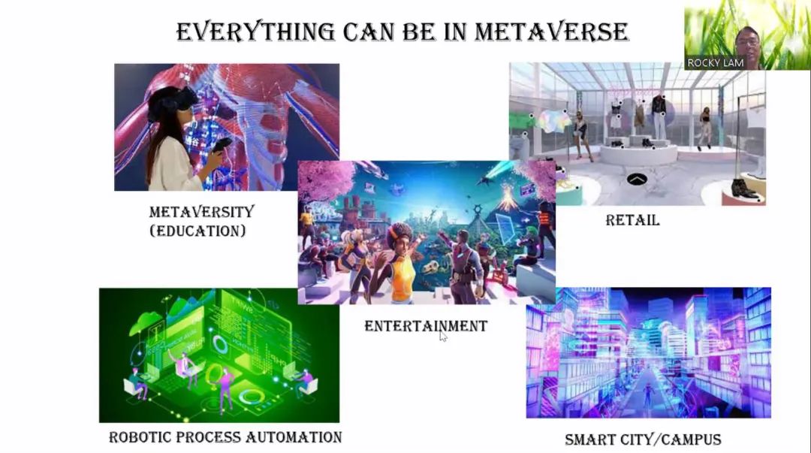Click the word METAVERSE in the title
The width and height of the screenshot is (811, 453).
coord(551,32)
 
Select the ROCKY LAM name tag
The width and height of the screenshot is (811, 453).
coord(716,62)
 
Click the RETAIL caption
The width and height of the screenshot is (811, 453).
coord(632,220)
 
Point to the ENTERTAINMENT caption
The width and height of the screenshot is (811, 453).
coord(426,325)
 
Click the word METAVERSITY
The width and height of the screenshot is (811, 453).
coord(202,212)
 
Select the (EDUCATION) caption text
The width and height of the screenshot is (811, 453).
coord(197,231)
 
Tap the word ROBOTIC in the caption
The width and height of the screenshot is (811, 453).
coord(140,437)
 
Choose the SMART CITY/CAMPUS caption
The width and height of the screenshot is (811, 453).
coord(643,439)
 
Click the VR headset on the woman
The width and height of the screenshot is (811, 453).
coord(170,101)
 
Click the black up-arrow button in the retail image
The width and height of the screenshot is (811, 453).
coord(638,180)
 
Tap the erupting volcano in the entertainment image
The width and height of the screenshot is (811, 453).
coord(508,199)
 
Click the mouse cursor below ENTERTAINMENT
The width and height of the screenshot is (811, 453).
coord(443,337)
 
